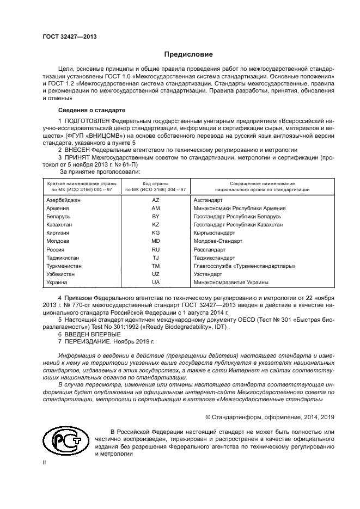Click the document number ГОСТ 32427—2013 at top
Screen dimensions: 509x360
point(65,37)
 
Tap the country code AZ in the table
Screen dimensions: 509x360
point(156,200)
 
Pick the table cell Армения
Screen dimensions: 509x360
point(58,208)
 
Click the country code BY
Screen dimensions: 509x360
point(156,217)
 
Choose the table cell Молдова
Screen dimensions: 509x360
point(58,241)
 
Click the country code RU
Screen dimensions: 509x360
point(156,249)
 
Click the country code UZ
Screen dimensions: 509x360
point(156,274)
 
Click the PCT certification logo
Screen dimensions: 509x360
point(64,439)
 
